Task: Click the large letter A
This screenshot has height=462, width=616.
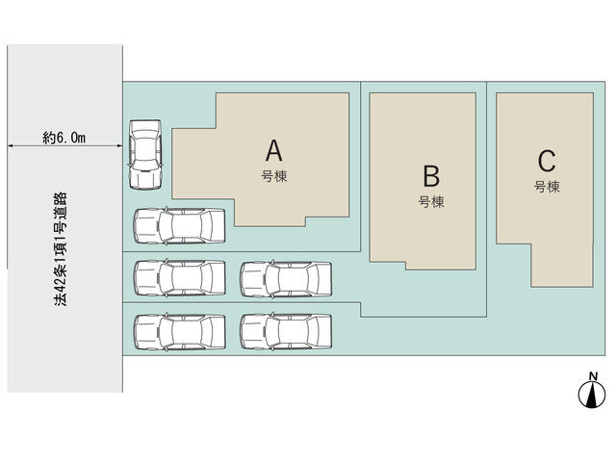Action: (x=273, y=151)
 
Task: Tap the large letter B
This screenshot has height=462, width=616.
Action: (x=431, y=176)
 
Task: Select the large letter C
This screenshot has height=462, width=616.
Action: (x=547, y=161)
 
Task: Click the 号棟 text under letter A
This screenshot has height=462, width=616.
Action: (x=274, y=176)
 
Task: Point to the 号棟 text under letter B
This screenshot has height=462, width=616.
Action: (x=431, y=202)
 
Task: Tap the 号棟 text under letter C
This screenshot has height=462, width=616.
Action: (x=547, y=187)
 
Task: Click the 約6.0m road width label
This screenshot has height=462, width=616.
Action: (x=64, y=138)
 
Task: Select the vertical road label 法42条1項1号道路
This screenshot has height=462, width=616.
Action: (x=61, y=249)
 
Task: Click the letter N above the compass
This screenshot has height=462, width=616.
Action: (x=593, y=376)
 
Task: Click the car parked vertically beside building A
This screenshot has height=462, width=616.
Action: (x=145, y=155)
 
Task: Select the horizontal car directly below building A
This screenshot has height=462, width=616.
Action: (x=179, y=226)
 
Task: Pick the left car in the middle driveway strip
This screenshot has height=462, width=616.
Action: (x=179, y=278)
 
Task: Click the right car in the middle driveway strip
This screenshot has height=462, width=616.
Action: (x=286, y=279)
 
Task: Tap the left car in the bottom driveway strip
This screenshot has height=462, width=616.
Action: (x=179, y=332)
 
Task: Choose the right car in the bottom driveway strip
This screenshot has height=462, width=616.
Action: (x=286, y=332)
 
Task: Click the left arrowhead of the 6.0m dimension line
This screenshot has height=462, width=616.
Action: (x=11, y=146)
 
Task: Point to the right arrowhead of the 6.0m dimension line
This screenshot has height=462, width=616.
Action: (x=119, y=146)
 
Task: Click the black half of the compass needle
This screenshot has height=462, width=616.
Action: (x=589, y=396)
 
